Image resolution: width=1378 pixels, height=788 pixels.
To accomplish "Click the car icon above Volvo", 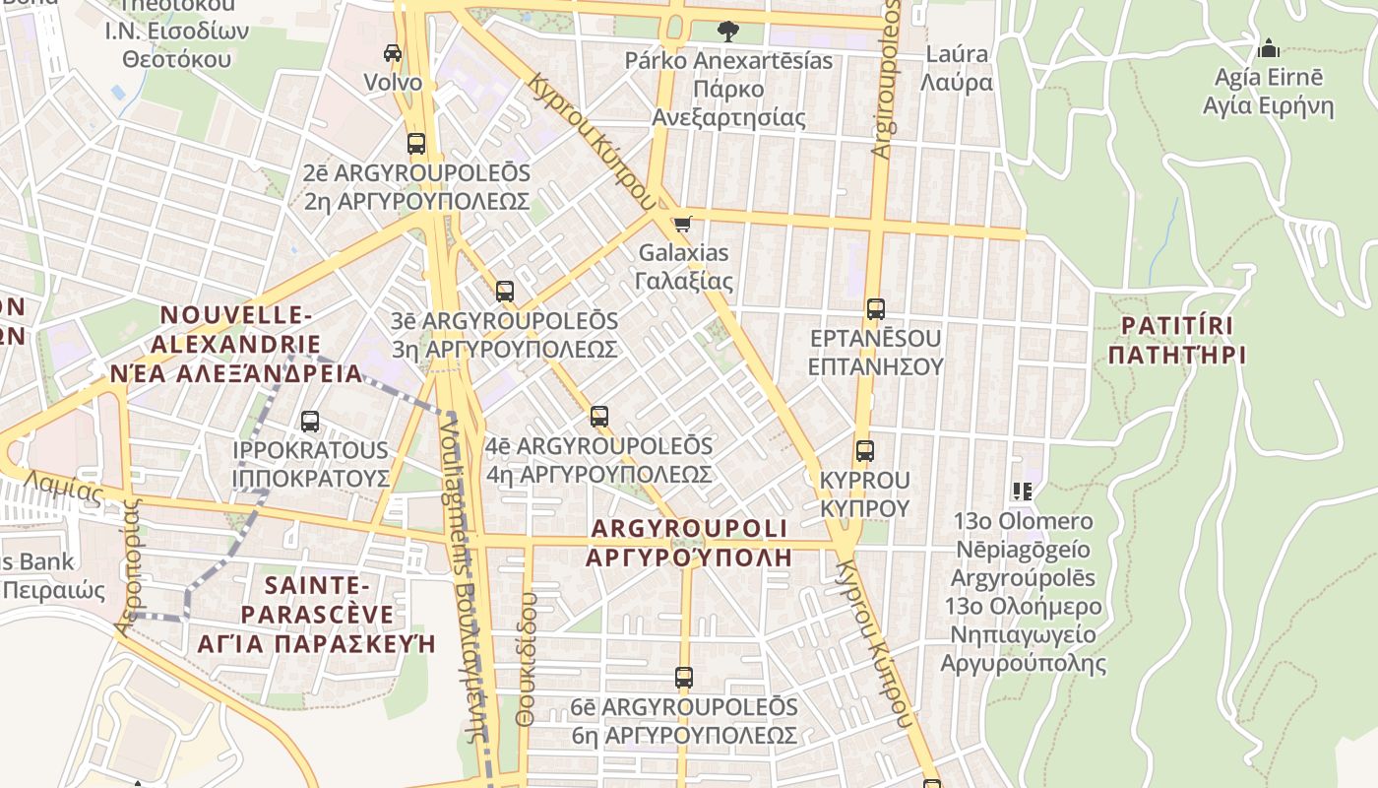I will pyautogui.click(x=393, y=52).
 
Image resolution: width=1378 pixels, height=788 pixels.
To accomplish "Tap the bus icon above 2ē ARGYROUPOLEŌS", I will pyautogui.click(x=416, y=143).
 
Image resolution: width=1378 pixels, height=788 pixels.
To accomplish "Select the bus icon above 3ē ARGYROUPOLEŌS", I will pyautogui.click(x=505, y=291).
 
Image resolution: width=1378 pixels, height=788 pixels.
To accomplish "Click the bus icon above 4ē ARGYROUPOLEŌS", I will pyautogui.click(x=599, y=416).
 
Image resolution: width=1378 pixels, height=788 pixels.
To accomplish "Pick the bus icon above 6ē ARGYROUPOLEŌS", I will pyautogui.click(x=684, y=678).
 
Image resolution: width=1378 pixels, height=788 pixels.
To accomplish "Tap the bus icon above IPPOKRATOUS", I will pyautogui.click(x=310, y=422).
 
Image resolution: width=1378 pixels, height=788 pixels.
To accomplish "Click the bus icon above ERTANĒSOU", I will pyautogui.click(x=876, y=308).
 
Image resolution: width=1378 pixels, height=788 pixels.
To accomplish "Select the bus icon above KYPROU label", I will pyautogui.click(x=865, y=451).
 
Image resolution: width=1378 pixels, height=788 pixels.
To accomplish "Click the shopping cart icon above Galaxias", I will pyautogui.click(x=683, y=224).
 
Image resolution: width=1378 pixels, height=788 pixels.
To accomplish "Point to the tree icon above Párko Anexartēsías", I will pyautogui.click(x=727, y=32).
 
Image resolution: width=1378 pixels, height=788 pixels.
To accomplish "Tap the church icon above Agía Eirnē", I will pyautogui.click(x=1269, y=47).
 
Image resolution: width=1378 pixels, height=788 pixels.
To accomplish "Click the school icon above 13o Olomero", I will pyautogui.click(x=1023, y=491).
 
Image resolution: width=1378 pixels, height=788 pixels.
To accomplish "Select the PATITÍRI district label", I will pyautogui.click(x=1176, y=340).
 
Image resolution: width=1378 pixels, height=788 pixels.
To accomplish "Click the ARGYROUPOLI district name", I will pyautogui.click(x=689, y=542).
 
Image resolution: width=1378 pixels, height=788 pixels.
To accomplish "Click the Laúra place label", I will pyautogui.click(x=957, y=68).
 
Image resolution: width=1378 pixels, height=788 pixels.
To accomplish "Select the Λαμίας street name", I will pyautogui.click(x=63, y=488).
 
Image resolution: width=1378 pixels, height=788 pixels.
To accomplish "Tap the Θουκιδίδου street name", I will pyautogui.click(x=527, y=660).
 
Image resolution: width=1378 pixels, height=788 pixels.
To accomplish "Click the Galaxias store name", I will pyautogui.click(x=684, y=267).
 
